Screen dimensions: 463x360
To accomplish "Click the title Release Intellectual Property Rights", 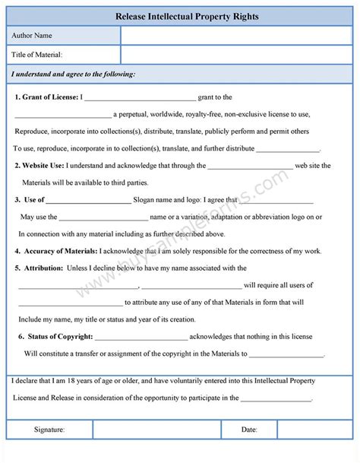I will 180,15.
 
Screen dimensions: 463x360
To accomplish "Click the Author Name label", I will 32,36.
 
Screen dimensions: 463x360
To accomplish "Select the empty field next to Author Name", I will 236,36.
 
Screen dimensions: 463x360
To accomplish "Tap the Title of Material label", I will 36,55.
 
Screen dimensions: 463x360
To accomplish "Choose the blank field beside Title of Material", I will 236,55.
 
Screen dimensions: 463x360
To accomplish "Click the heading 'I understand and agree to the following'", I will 73,74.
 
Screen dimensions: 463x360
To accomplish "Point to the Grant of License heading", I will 46,97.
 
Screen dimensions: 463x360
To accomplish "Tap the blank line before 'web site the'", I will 250,166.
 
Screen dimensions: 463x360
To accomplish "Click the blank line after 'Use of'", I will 89,201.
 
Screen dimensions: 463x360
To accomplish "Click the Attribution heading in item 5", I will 44,268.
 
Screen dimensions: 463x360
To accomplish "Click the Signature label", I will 49,430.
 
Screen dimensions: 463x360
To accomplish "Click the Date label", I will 249,430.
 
